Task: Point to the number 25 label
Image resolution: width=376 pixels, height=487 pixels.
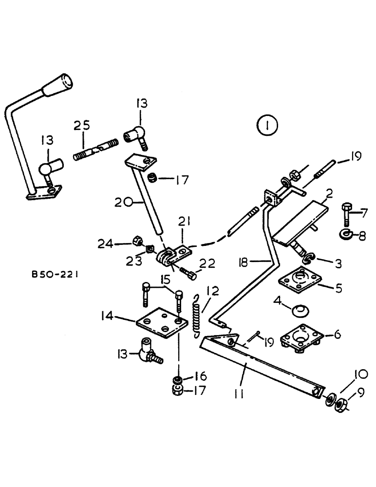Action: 81,126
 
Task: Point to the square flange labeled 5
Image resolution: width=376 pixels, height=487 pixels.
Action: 297,285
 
